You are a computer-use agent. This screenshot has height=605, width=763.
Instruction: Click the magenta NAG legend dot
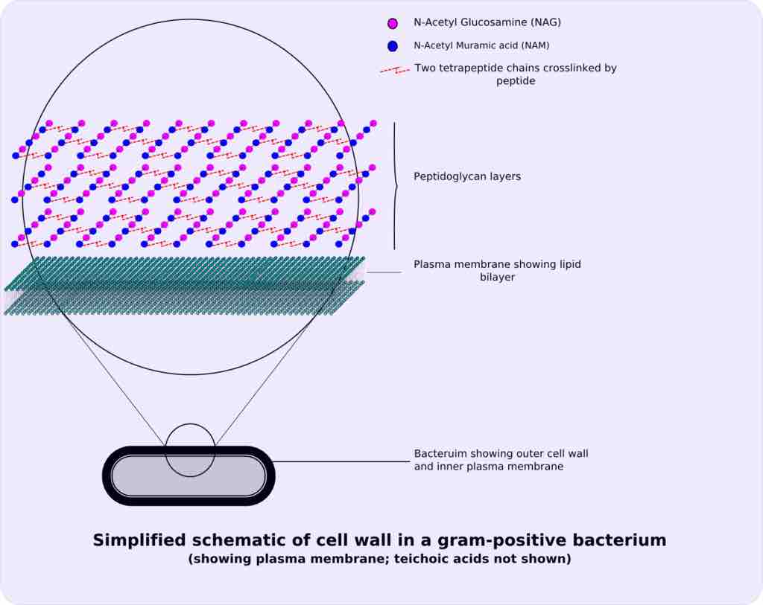pyautogui.click(x=393, y=24)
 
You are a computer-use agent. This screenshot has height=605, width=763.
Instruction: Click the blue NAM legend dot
pyautogui.click(x=393, y=46)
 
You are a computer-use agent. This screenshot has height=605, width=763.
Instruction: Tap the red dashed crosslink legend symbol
pyautogui.click(x=394, y=70)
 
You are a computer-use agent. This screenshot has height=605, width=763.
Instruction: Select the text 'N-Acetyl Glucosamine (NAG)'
pyautogui.click(x=487, y=22)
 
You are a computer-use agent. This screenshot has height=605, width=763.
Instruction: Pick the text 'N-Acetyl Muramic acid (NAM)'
pyautogui.click(x=481, y=45)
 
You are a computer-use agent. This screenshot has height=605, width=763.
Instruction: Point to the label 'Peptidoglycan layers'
pyautogui.click(x=466, y=177)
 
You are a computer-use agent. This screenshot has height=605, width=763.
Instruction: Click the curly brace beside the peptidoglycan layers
pyautogui.click(x=395, y=186)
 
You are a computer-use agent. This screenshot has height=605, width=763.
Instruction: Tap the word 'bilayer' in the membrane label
pyautogui.click(x=498, y=278)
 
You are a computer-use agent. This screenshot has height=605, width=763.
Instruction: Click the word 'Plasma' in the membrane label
pyautogui.click(x=431, y=264)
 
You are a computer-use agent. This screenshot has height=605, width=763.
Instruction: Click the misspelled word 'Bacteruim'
pyautogui.click(x=440, y=453)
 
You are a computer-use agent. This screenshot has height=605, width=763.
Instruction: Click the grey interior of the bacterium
pyautogui.click(x=149, y=476)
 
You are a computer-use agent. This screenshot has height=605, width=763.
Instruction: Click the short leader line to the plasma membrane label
pyautogui.click(x=383, y=272)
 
